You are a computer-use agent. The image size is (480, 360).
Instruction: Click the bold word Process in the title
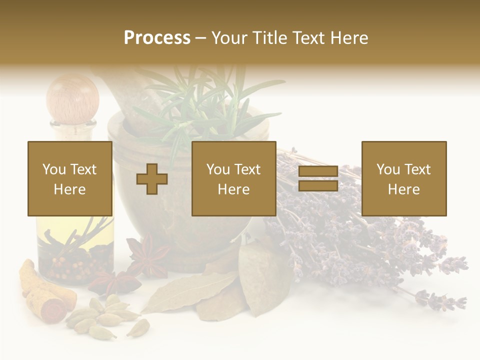[x=157, y=38]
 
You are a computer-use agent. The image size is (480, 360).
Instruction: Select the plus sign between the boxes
[x=152, y=179]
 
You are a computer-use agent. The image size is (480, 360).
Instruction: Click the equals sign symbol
[x=318, y=178]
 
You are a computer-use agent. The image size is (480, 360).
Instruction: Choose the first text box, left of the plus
[x=70, y=178]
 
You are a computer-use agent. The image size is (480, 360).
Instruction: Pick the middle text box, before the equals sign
[x=233, y=178]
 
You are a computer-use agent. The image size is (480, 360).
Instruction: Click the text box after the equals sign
[x=403, y=178]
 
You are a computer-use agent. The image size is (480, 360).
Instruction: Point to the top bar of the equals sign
[x=318, y=171]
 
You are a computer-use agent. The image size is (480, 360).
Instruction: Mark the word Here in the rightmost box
[x=403, y=189]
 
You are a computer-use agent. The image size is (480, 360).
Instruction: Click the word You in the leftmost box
[x=53, y=169]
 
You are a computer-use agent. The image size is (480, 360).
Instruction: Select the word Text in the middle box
[x=247, y=169]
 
